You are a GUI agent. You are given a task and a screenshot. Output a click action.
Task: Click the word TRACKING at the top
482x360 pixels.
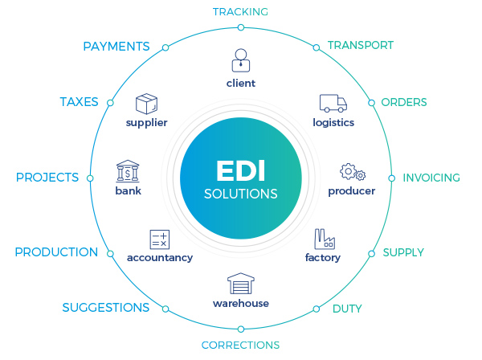[240, 11]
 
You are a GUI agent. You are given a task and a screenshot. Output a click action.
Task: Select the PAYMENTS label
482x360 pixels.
[116, 47]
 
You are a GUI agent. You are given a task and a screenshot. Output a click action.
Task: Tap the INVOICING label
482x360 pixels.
[431, 178]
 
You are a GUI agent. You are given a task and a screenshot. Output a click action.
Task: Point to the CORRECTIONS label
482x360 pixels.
[240, 345]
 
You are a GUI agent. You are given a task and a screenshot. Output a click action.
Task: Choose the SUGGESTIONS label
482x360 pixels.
[106, 308]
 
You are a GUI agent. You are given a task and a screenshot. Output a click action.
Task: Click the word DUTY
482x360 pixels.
[347, 309]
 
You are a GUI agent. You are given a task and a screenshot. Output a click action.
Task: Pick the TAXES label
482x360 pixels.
[79, 102]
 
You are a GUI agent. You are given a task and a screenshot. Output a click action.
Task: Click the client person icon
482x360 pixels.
[241, 61]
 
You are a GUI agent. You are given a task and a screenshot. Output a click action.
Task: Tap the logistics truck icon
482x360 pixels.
[333, 103]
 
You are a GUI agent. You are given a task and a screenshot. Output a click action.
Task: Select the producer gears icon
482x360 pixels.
[353, 172]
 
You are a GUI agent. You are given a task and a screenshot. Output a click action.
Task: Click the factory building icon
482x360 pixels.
[323, 239]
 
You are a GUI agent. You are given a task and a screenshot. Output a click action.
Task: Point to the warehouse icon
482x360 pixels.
[241, 284]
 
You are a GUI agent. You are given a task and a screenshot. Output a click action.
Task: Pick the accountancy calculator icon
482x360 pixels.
[159, 239]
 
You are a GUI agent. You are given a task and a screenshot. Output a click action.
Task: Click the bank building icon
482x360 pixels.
[128, 171]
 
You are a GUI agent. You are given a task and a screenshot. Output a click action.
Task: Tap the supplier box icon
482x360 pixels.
[146, 104]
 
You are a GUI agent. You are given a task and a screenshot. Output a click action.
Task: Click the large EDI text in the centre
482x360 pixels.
[240, 171]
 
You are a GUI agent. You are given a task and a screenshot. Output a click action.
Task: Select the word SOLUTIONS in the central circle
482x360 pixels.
[241, 194]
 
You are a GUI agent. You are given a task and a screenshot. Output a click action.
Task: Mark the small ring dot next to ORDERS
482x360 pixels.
[371, 103]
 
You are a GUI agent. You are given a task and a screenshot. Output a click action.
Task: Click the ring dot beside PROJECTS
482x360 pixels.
[90, 178]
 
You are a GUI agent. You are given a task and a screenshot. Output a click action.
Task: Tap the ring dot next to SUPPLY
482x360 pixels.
[371, 253]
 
